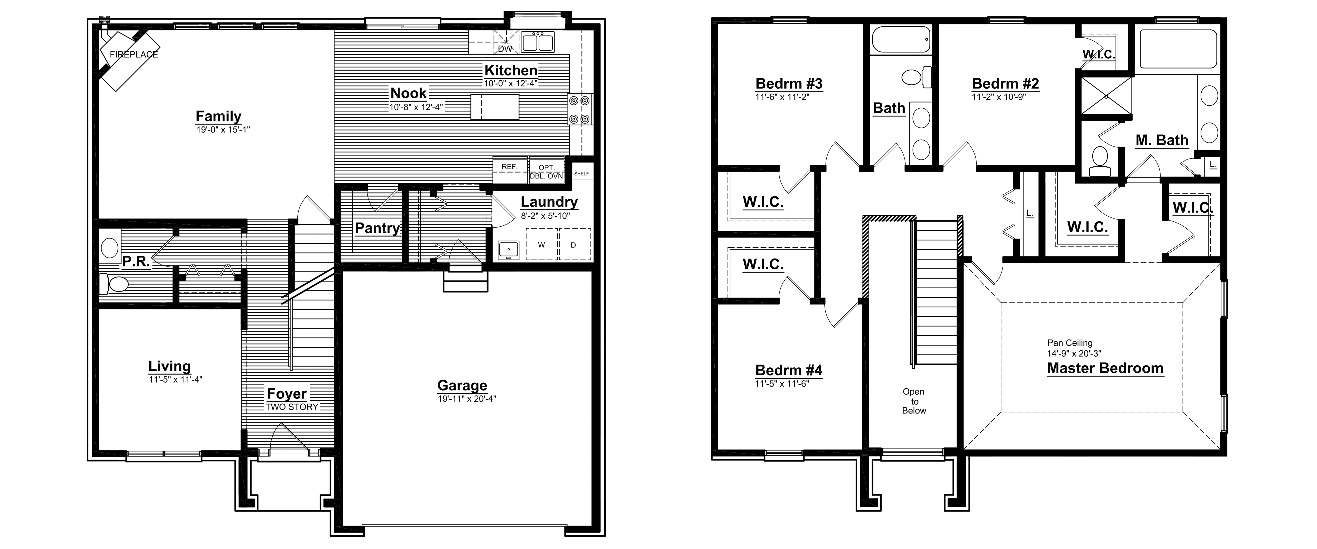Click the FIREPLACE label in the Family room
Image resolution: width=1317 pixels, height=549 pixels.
click(134, 54)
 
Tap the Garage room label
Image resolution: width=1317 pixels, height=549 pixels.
click(462, 385)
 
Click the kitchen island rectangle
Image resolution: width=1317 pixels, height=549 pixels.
click(495, 107)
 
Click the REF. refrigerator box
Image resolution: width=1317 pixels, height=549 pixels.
click(510, 169)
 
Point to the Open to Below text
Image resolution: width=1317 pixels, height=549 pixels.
click(914, 401)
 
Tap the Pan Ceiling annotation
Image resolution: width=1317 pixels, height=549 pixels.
click(1070, 343)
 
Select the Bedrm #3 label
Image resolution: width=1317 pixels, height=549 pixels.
click(789, 83)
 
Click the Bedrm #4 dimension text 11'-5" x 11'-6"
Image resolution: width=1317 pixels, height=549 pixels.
click(782, 384)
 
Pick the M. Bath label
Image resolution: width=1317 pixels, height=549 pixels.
click(1162, 140)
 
